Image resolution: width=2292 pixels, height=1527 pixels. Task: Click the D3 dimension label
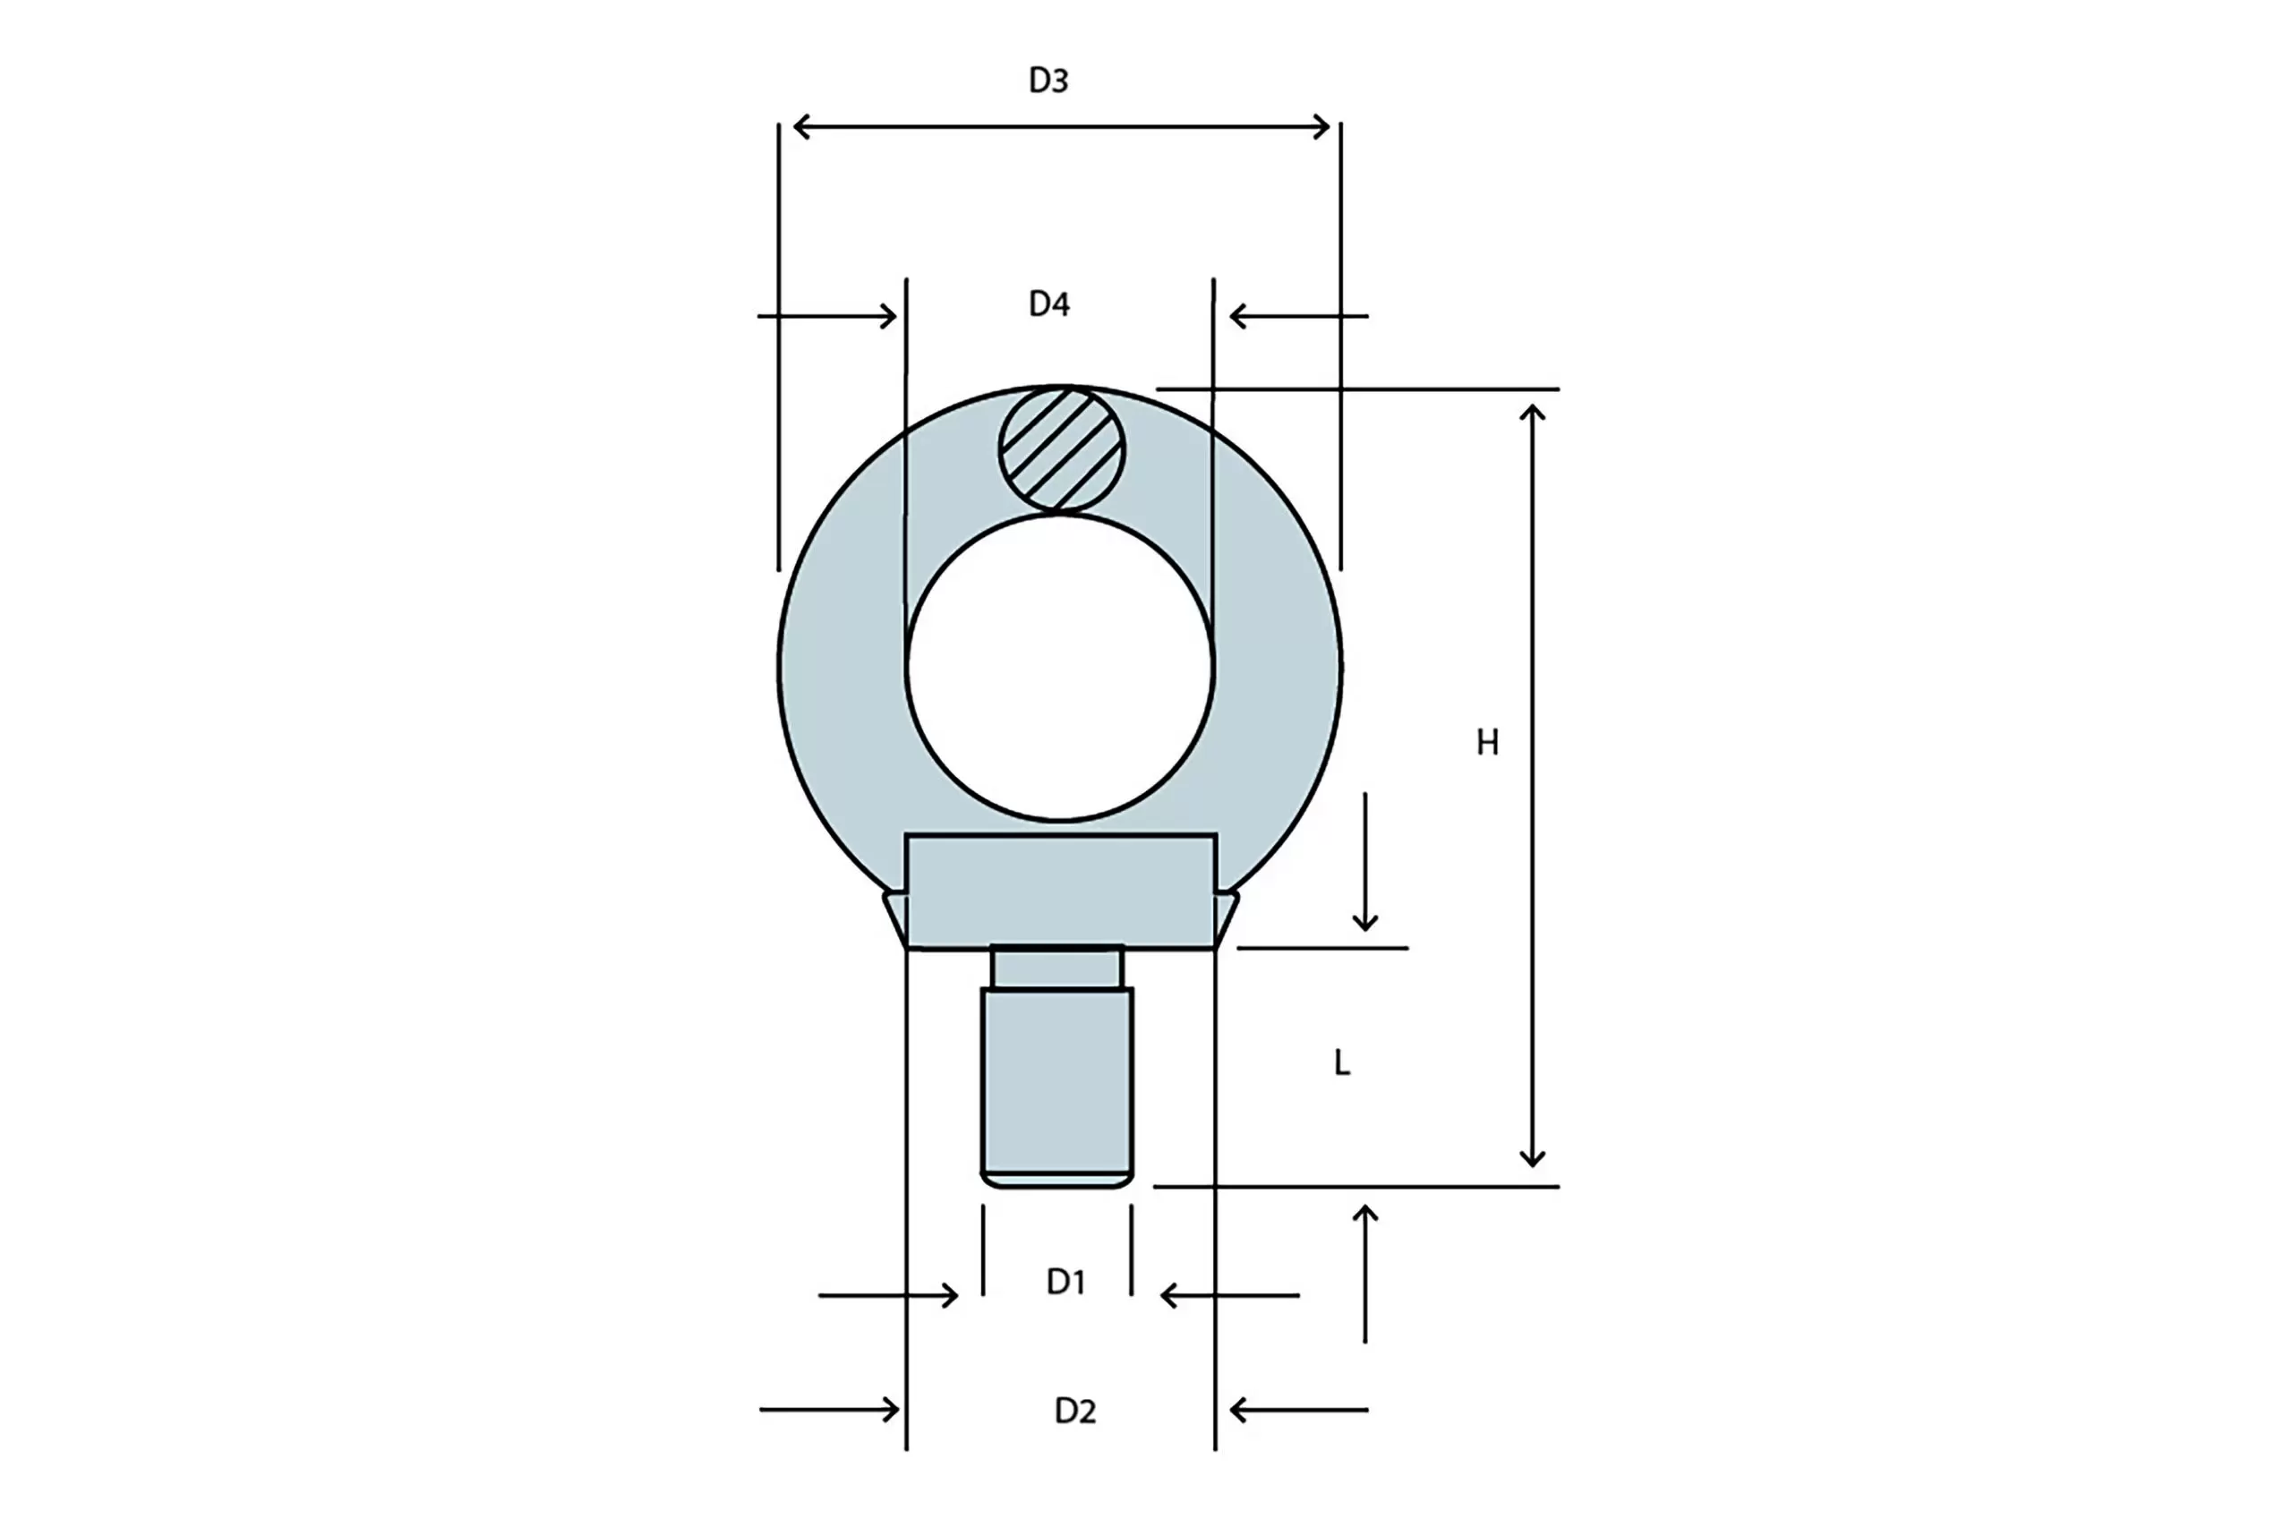click(1048, 80)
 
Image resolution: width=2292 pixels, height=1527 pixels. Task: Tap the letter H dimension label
click(1487, 743)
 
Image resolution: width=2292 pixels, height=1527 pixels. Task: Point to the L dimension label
click(1342, 1063)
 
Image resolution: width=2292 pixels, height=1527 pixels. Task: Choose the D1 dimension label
click(1065, 1283)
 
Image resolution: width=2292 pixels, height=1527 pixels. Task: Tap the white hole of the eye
click(1060, 668)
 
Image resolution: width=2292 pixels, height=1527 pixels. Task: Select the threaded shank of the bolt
click(1056, 1088)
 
